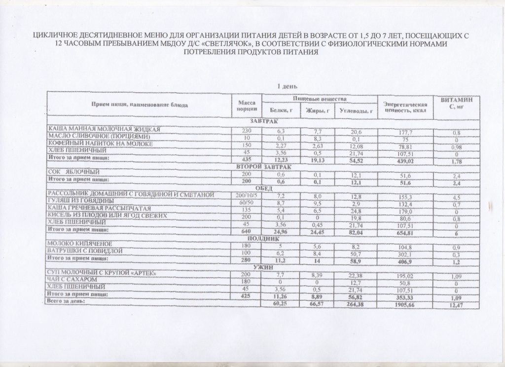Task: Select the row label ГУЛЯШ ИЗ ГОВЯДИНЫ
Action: click(81, 202)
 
